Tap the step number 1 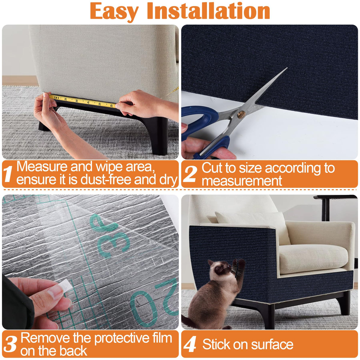click(8, 174)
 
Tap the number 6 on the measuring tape click(111, 106)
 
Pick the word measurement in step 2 click(242, 181)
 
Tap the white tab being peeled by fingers click(65, 285)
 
